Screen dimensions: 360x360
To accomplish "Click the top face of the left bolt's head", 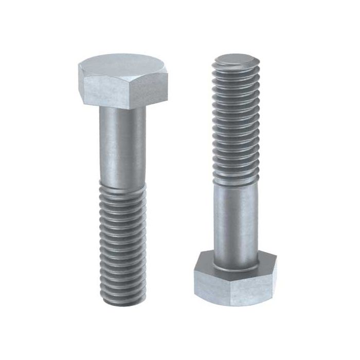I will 122,65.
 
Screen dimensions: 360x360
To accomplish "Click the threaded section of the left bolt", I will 122,242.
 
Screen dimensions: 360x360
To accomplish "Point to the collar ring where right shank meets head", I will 236,265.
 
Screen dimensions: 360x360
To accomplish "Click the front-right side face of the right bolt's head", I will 255,288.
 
